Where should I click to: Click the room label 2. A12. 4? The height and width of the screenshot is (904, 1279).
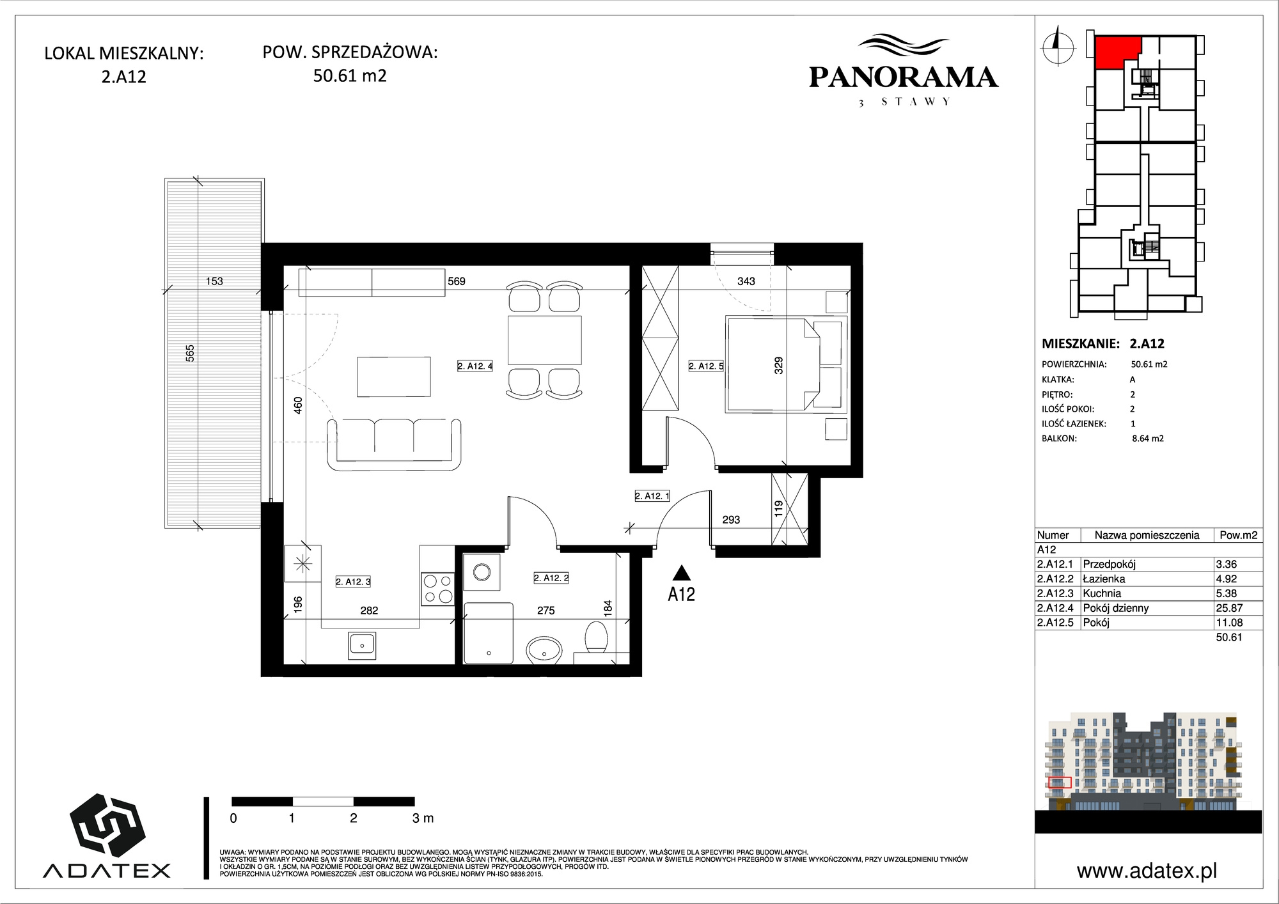(x=475, y=366)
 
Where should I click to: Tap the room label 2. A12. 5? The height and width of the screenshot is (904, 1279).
(x=706, y=366)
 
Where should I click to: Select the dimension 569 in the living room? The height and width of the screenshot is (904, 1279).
(x=457, y=281)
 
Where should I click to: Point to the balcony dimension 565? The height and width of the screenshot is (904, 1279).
(x=190, y=353)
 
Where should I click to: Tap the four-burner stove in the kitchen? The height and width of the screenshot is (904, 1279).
(x=437, y=589)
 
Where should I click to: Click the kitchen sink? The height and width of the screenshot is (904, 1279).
(x=362, y=645)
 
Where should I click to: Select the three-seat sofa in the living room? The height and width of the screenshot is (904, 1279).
(x=395, y=444)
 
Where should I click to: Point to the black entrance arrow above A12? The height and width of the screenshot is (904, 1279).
(x=682, y=573)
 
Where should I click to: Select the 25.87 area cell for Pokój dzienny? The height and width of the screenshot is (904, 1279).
(x=1229, y=608)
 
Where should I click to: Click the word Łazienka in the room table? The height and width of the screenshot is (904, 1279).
(x=1104, y=579)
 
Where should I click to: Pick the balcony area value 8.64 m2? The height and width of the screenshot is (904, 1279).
(x=1148, y=439)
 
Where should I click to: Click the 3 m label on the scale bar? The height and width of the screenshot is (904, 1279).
(x=423, y=818)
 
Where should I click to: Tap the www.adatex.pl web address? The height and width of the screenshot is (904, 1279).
(x=1147, y=871)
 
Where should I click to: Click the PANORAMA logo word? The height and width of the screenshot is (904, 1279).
(x=904, y=77)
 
